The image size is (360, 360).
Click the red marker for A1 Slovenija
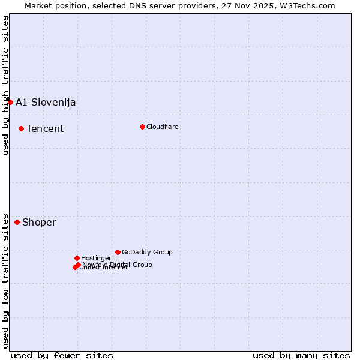pyautogui.click(x=10, y=102)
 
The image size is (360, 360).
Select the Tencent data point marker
pyautogui.click(x=21, y=128)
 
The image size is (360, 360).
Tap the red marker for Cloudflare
pyautogui.click(x=142, y=127)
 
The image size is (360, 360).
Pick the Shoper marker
pyautogui.click(x=17, y=222)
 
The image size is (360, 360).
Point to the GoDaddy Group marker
pyautogui.click(x=118, y=252)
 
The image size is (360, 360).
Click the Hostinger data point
pyautogui.click(x=77, y=258)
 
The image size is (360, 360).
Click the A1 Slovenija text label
pyautogui.click(x=46, y=102)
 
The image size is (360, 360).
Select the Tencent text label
pyautogui.click(x=45, y=128)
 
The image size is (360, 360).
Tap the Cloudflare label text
pyautogui.click(x=162, y=127)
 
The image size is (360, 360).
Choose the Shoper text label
pyautogui.click(x=39, y=222)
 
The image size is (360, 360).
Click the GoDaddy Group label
pyautogui.click(x=147, y=252)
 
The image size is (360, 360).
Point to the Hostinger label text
pyautogui.click(x=96, y=258)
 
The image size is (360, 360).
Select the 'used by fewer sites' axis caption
pyautogui.click(x=62, y=355)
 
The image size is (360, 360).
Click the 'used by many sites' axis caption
pyautogui.click(x=301, y=355)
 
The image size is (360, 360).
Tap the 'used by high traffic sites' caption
pyautogui.click(x=5, y=85)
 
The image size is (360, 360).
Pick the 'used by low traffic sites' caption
pyautogui.click(x=5, y=280)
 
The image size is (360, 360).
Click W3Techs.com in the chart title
pyautogui.click(x=310, y=5)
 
